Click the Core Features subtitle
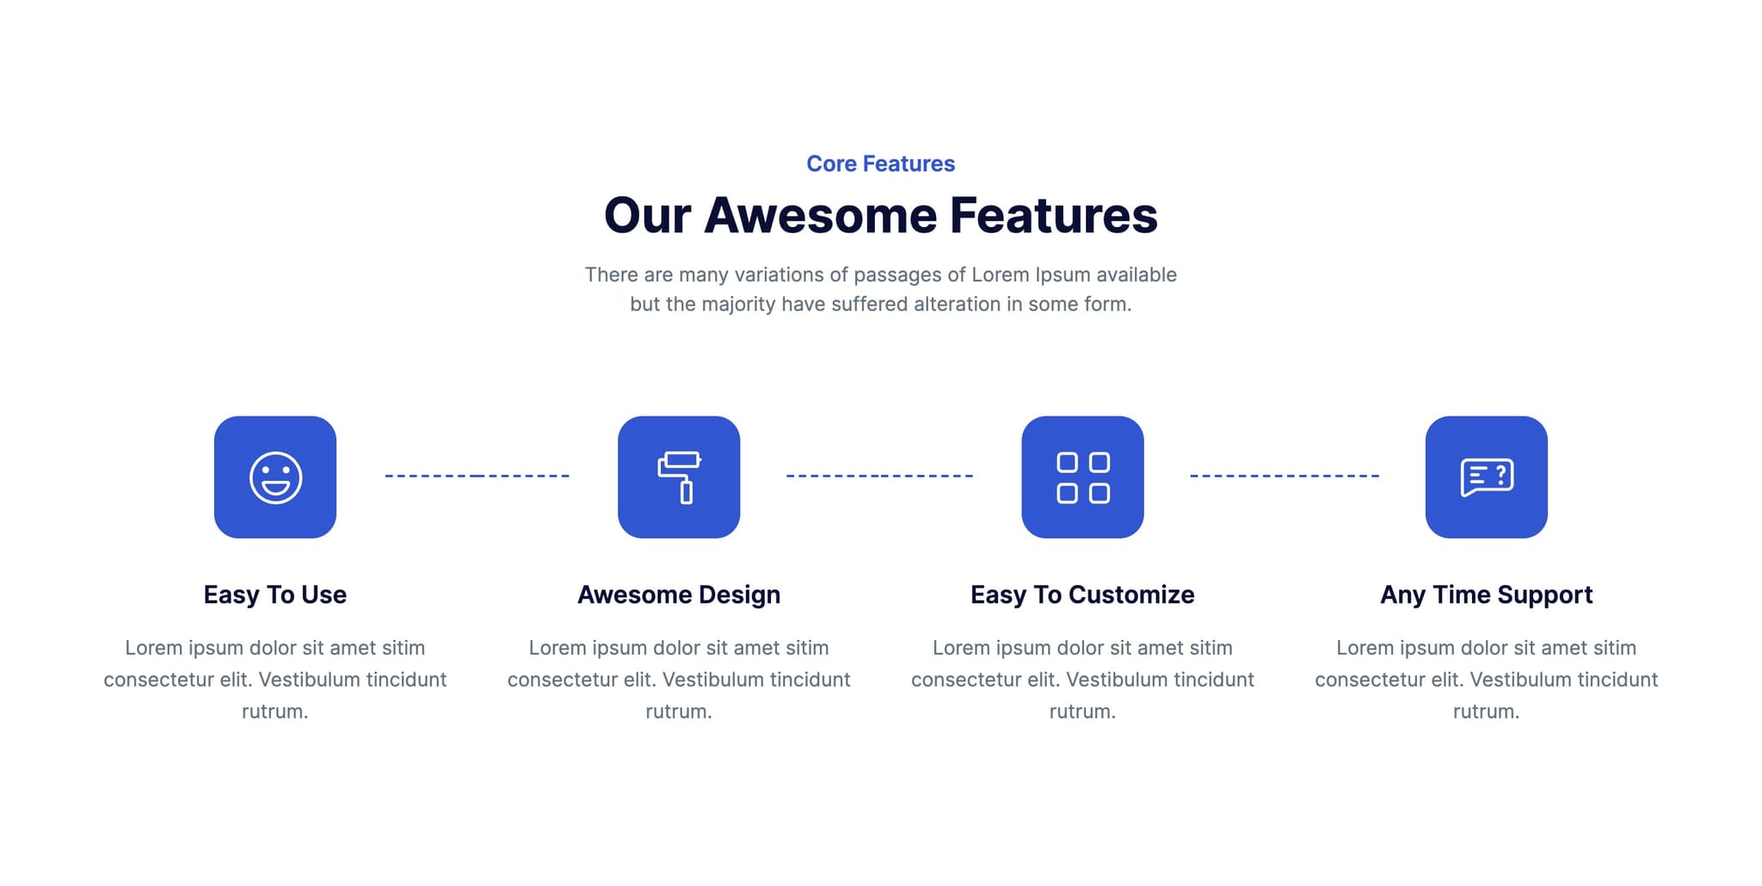click(880, 163)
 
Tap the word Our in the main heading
click(647, 215)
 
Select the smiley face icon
click(275, 477)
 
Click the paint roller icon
click(679, 477)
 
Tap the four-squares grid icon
click(1082, 477)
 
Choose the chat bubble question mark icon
click(1486, 477)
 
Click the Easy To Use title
click(275, 594)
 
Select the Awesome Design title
click(679, 594)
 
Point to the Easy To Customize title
click(1082, 594)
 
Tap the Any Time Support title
click(1486, 594)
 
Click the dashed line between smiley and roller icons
click(477, 475)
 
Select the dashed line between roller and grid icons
click(879, 475)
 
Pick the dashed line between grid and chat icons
click(1284, 475)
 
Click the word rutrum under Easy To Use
click(274, 711)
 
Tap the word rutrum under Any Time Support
click(1485, 711)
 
